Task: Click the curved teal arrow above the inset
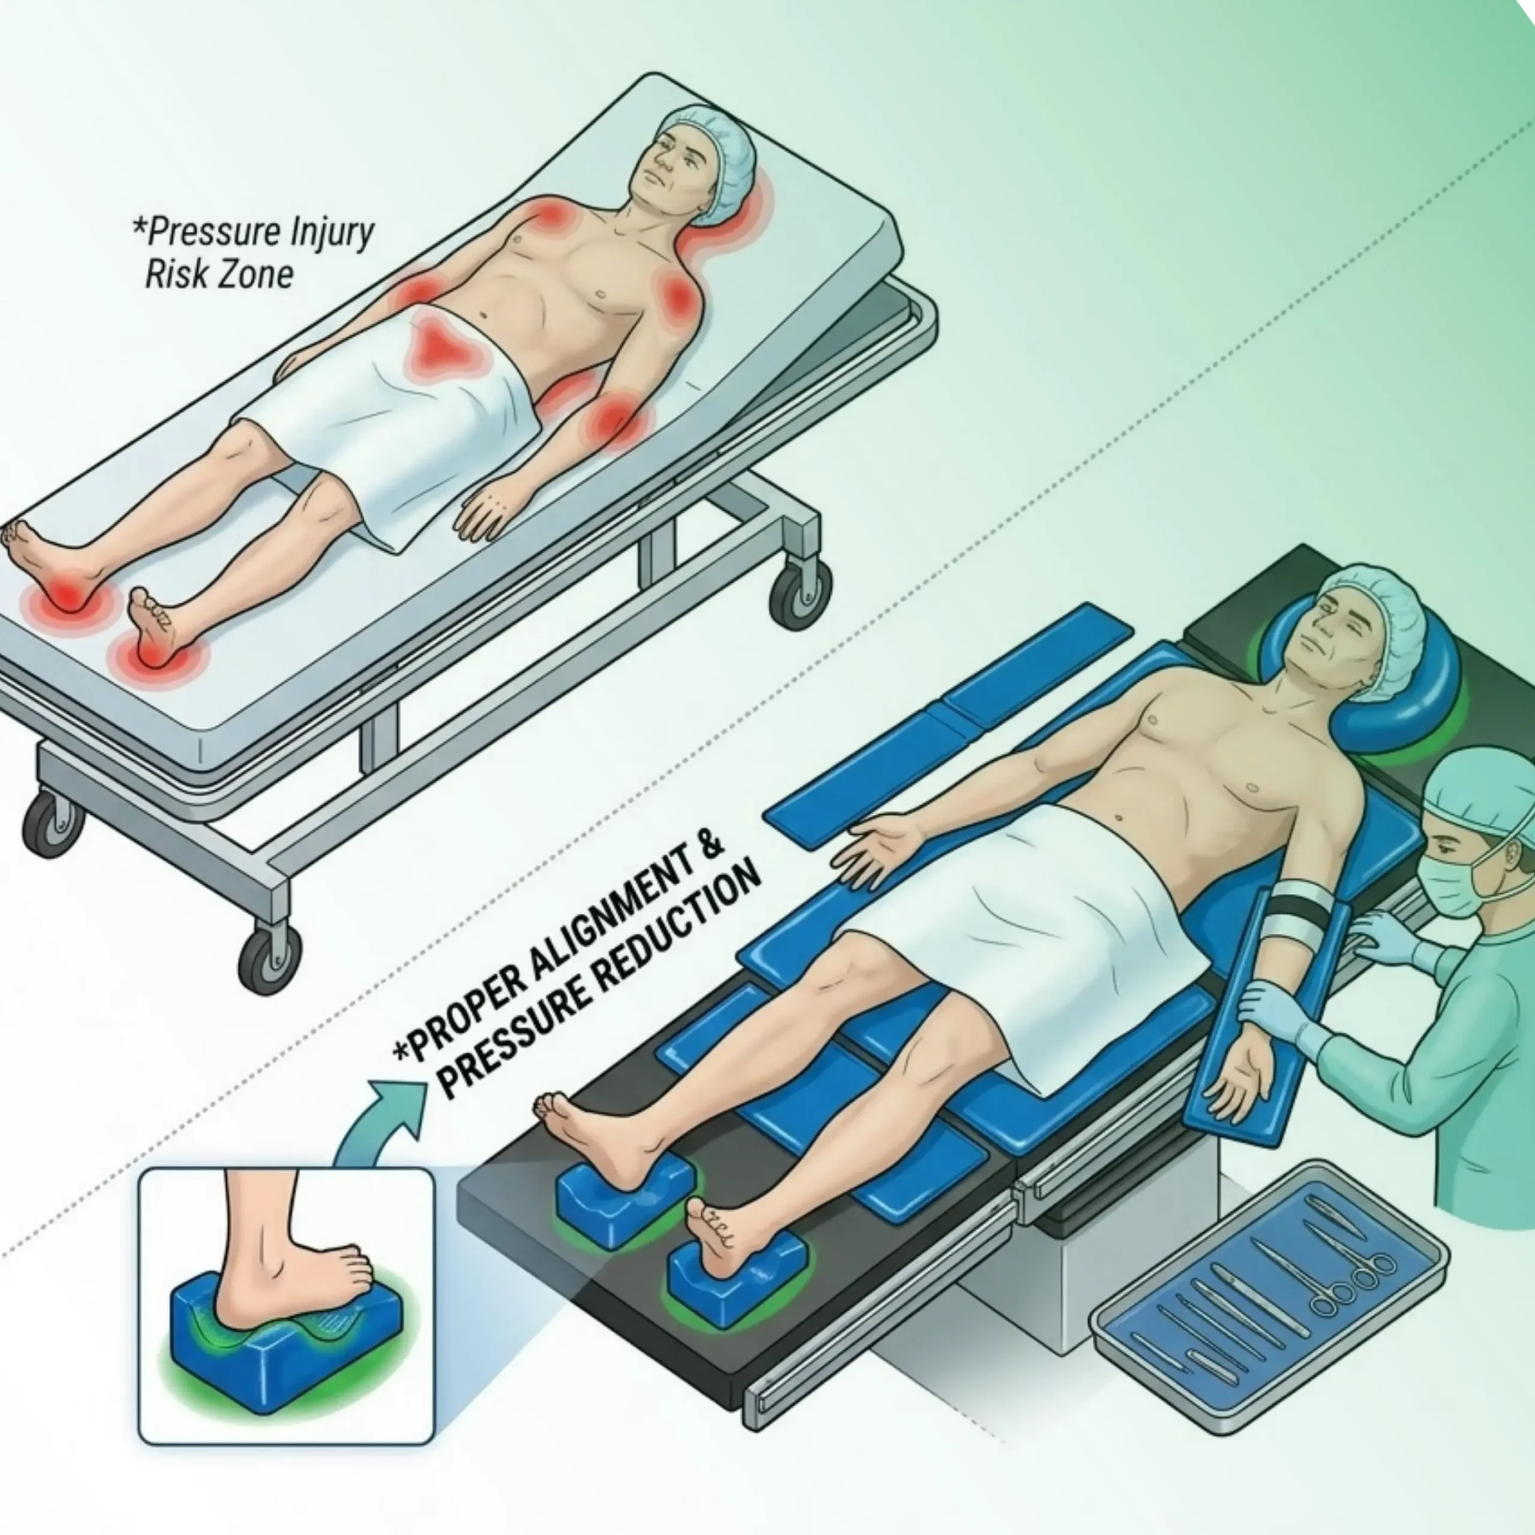[x=382, y=1120]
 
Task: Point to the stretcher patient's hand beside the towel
[x=486, y=515]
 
